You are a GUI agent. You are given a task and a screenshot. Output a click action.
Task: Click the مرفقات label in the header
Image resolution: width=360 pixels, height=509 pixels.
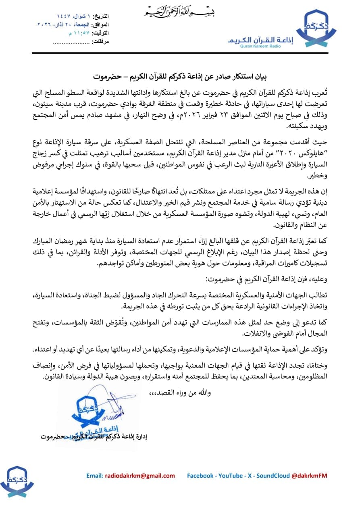click(x=100, y=41)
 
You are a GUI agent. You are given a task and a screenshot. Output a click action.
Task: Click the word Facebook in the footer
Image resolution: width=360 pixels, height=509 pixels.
click(x=200, y=476)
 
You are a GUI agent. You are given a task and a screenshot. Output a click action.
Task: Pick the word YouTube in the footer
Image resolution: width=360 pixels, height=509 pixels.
click(x=231, y=476)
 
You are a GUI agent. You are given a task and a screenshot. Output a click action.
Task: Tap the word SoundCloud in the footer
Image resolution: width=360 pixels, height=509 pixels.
click(x=272, y=476)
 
